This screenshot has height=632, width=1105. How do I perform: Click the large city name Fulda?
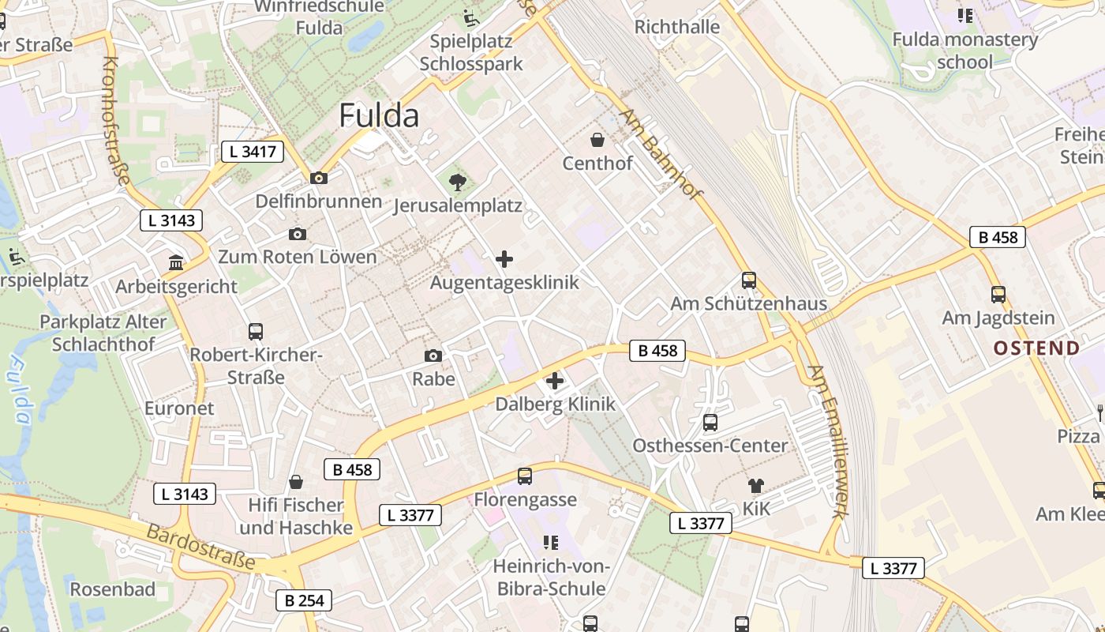[379, 115]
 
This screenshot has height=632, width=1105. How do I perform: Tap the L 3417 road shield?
[252, 152]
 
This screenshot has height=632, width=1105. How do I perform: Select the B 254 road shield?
[304, 600]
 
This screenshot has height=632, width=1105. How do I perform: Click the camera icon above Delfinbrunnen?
[319, 178]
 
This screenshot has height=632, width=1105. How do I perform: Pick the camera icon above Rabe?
[433, 356]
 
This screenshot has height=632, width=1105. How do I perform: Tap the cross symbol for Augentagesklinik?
[504, 259]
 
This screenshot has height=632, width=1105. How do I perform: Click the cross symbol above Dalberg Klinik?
[555, 381]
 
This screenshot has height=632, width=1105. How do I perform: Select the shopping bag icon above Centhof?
[597, 141]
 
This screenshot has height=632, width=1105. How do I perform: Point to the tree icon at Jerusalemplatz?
[457, 184]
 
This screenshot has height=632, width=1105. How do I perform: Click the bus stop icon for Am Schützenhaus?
[748, 280]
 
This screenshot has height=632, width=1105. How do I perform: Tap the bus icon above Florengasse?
[525, 476]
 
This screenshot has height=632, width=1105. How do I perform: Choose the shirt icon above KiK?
[755, 485]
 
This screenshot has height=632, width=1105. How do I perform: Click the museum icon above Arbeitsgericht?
[176, 262]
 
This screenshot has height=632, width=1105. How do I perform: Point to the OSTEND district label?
[1036, 348]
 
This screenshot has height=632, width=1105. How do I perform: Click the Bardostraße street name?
[200, 546]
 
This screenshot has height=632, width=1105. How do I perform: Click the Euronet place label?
[179, 408]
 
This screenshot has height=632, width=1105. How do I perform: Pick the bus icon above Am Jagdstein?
[998, 295]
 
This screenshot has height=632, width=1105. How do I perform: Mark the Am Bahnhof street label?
[661, 154]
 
